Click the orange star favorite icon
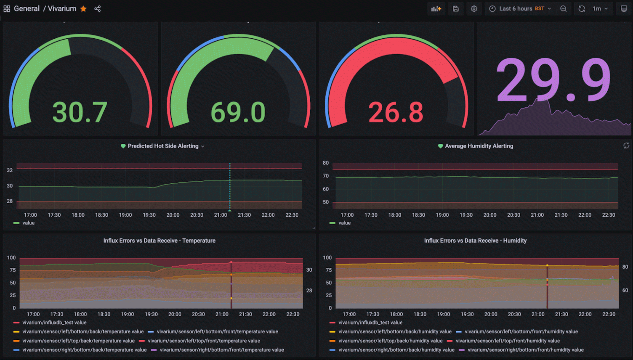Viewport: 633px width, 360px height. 83,9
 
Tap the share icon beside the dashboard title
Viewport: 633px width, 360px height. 98,9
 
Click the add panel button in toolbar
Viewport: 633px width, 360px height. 436,9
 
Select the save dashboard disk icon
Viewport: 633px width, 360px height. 456,9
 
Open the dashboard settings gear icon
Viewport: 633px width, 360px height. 474,9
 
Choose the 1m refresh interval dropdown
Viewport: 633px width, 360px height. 600,9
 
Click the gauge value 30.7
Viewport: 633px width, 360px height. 80,113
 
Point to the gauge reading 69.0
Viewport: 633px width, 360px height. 238,113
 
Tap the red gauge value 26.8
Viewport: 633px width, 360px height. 396,113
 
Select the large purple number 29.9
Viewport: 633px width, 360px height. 553,80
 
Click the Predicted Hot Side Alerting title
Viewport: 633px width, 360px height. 163,146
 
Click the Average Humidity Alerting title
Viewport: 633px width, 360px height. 479,146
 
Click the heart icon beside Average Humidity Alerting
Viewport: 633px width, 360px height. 440,146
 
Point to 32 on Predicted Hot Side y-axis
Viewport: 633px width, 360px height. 10,170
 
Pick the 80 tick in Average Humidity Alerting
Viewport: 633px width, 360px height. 326,163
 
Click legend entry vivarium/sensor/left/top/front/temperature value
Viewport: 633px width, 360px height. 204,341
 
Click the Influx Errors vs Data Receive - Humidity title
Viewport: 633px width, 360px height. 475,241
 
